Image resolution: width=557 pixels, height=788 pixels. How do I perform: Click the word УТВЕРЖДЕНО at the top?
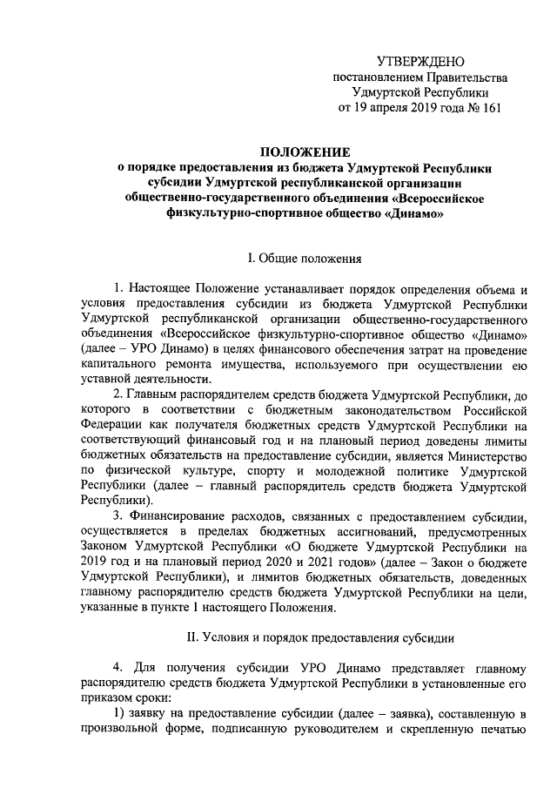pyautogui.click(x=421, y=60)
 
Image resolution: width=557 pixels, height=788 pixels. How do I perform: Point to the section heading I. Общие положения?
pyautogui.click(x=299, y=258)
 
